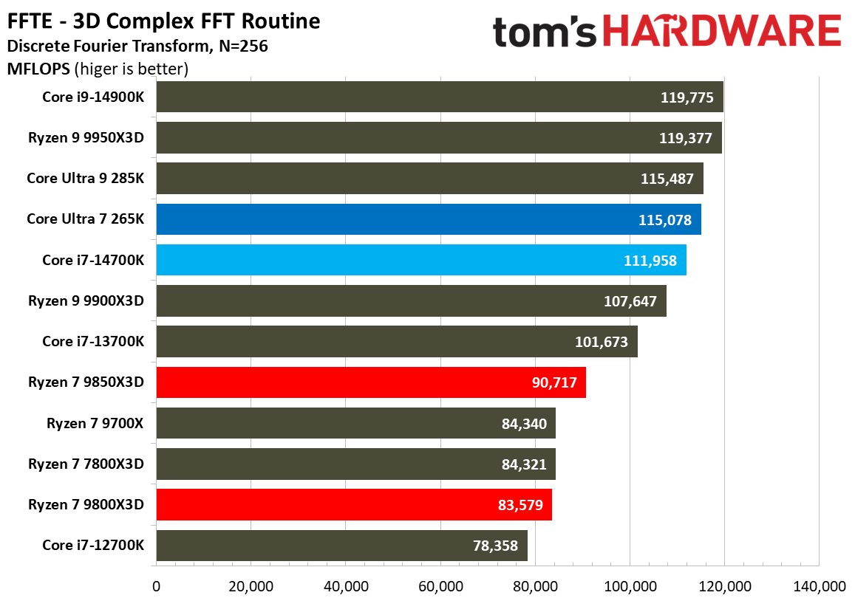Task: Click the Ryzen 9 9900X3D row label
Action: click(86, 300)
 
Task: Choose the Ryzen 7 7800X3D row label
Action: click(86, 464)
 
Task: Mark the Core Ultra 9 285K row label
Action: click(86, 178)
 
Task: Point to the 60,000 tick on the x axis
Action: click(440, 586)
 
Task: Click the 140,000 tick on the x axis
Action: click(820, 586)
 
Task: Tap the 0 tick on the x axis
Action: click(156, 586)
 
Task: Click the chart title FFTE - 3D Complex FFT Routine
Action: click(163, 21)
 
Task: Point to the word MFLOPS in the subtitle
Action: click(37, 69)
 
